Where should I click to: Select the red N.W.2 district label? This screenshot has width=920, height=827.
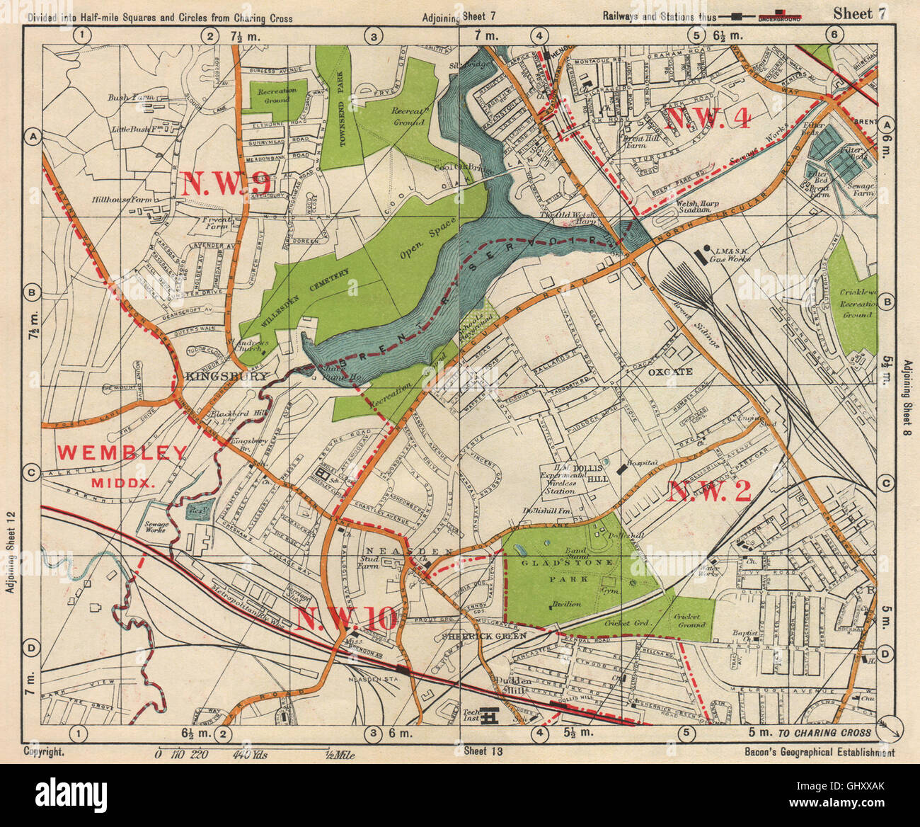coord(708,491)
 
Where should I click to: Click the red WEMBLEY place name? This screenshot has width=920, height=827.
coord(122,452)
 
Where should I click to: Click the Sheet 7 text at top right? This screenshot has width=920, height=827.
coord(857,12)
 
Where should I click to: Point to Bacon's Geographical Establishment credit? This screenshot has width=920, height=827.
coord(819,753)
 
